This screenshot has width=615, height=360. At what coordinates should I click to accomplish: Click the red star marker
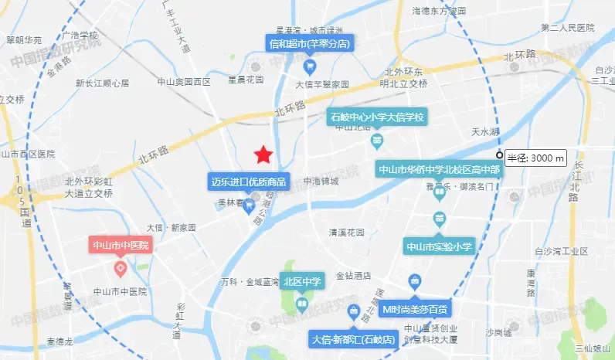click(x=263, y=155)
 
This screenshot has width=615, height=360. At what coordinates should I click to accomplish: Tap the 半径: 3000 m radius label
click(x=535, y=158)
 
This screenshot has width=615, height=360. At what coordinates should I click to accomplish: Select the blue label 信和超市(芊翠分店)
click(x=309, y=44)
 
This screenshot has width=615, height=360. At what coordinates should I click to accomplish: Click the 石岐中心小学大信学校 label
click(x=378, y=117)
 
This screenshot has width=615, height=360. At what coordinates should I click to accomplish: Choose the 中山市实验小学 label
click(x=439, y=246)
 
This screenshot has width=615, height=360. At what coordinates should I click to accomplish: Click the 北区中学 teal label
click(x=301, y=281)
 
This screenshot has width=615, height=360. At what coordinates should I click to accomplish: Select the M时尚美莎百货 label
click(x=416, y=309)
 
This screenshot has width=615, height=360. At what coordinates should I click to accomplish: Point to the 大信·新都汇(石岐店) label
click(x=354, y=339)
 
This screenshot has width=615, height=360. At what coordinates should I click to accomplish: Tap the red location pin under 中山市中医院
click(x=121, y=268)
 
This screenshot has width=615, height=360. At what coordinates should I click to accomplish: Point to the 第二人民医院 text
click(x=568, y=28)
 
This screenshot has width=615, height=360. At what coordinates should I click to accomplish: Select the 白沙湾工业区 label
click(x=562, y=251)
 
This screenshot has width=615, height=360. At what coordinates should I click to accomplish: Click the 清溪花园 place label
click(x=346, y=232)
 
